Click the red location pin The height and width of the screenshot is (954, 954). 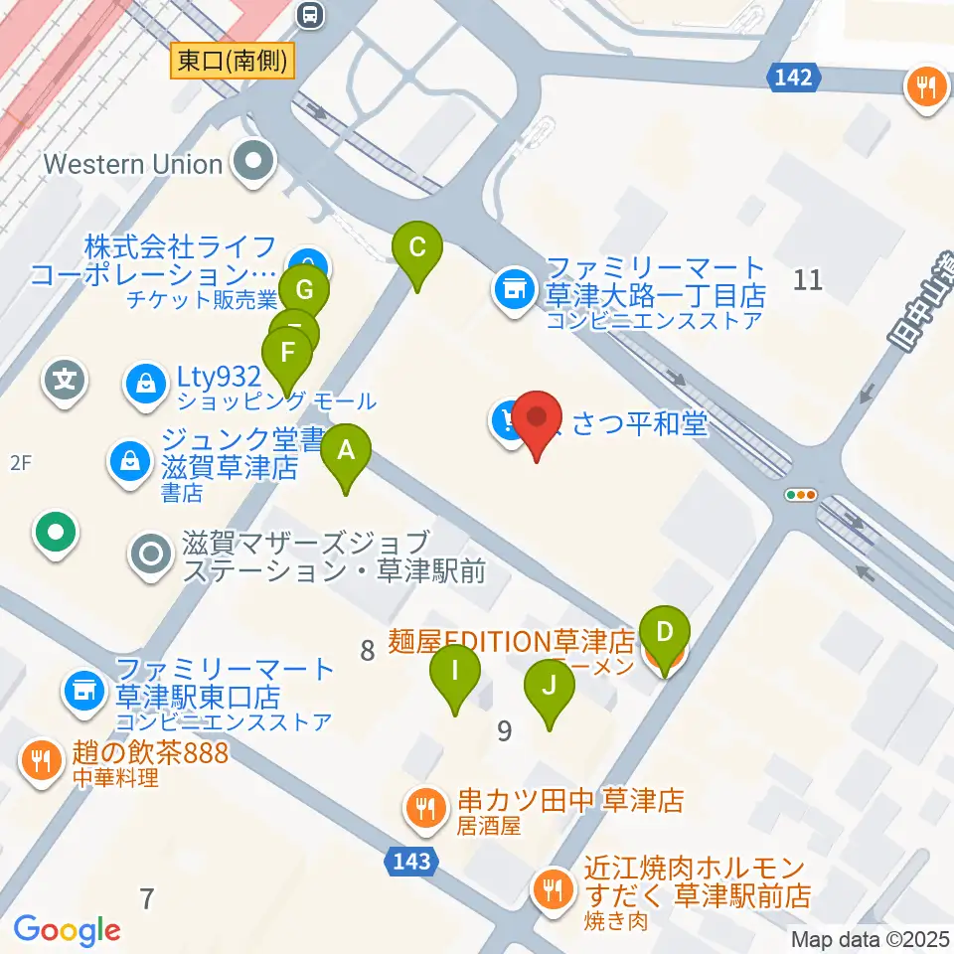tap(538, 421)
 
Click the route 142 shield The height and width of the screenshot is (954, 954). tap(796, 78)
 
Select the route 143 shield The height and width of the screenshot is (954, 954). tap(410, 861)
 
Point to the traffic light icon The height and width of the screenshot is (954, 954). tap(800, 494)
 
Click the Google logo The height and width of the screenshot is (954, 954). tap(67, 930)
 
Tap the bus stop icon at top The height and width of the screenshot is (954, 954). tap(311, 14)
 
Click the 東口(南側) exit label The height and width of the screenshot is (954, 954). tap(233, 62)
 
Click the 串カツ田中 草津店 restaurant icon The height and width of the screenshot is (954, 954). tap(426, 807)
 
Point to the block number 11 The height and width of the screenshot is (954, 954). tap(808, 280)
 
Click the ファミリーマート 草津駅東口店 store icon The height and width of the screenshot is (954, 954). tap(83, 688)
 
